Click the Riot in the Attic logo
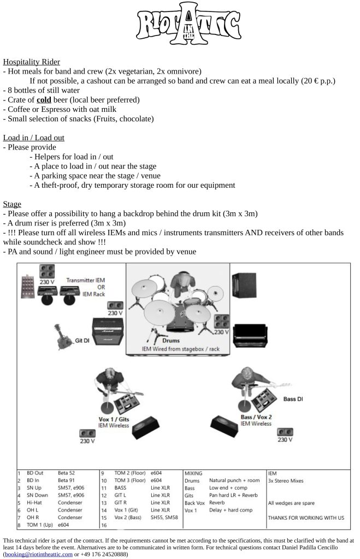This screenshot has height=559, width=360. click(188, 23)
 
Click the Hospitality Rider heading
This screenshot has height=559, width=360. click(31, 62)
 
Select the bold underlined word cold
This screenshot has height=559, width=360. click(44, 100)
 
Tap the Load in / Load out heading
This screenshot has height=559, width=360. click(33, 138)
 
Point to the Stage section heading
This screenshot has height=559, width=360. click(12, 204)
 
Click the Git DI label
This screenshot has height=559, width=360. click(82, 341)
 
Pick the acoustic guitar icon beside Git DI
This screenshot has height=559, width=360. click(63, 336)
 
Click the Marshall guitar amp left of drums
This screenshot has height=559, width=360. click(108, 331)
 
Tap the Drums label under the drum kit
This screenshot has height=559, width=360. click(171, 341)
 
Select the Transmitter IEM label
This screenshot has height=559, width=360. click(86, 280)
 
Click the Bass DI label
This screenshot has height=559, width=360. click(293, 399)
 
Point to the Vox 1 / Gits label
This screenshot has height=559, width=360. click(114, 419)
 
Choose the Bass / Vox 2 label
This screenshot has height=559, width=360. click(256, 417)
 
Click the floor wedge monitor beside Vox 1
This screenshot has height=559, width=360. click(145, 427)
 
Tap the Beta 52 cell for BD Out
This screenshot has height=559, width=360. click(66, 473)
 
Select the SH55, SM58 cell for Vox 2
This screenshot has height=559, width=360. click(164, 518)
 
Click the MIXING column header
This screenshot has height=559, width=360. click(193, 473)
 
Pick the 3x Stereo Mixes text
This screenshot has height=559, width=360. click(286, 480)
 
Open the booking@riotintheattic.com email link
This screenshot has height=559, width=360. click(39, 555)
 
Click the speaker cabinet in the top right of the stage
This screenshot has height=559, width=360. click(244, 285)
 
